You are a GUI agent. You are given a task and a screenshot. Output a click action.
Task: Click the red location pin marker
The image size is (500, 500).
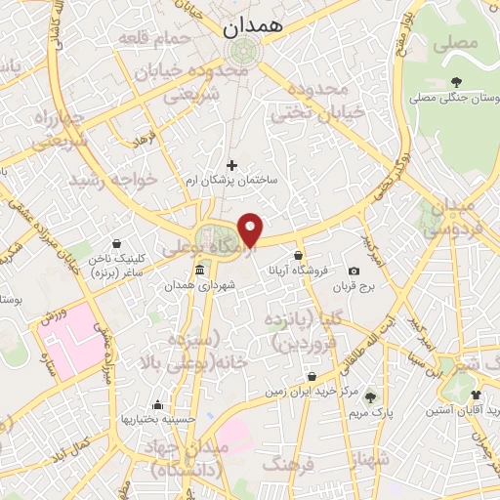point(252,229)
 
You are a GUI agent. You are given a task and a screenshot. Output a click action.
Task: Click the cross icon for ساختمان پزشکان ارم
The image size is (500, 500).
point(231,165)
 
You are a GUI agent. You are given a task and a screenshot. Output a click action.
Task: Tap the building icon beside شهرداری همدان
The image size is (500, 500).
point(200,269)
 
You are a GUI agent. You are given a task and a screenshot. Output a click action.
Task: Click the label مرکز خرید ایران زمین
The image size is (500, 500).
point(311,393)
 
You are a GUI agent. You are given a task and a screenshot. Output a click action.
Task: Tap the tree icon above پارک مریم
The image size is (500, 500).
point(370,396)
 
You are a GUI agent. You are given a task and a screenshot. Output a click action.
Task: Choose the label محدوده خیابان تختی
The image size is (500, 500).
point(312,102)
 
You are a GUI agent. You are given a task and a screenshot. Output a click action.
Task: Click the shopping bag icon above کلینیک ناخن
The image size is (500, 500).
point(118,243)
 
